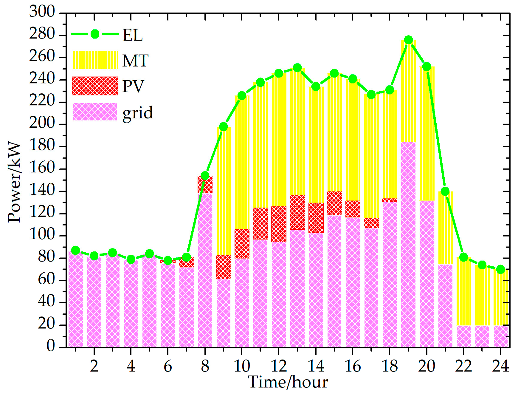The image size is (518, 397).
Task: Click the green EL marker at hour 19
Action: pos(408,40)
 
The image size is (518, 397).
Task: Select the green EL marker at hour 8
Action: pos(205,176)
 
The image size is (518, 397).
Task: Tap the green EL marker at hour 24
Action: pos(500,269)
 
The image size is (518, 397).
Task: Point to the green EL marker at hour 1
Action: pos(75,250)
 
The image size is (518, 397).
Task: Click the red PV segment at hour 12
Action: pos(279,224)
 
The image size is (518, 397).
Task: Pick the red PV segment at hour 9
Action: pos(223,267)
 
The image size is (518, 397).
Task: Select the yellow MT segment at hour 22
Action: pos(463,291)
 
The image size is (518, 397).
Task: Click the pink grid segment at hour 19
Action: pos(408,245)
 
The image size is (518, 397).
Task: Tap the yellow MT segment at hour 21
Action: pos(445,228)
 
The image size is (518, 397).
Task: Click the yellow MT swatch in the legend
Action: pos(95,60)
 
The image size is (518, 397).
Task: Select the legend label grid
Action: pos(138,113)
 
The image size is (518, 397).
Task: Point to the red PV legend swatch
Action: pos(95,86)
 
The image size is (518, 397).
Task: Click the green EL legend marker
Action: pos(95,34)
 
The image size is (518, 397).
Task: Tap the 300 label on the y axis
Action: pos(42,12)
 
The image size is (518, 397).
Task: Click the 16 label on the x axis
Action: pos(353,366)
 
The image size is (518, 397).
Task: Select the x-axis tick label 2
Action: pos(94,366)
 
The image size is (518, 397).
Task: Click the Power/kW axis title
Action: pos(14,182)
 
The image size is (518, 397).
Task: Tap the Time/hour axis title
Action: pos(288,382)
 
